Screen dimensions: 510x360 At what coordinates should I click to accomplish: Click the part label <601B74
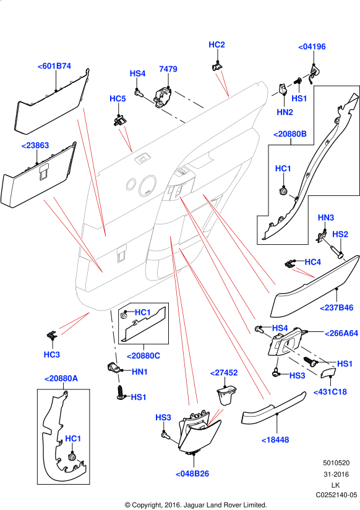(x=54, y=66)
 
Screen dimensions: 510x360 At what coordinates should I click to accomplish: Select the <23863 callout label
(x=35, y=145)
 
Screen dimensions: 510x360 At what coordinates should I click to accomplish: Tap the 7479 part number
(x=168, y=69)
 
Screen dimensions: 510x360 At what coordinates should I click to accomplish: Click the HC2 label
(x=216, y=45)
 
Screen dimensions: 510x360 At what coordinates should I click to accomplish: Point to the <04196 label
(x=312, y=46)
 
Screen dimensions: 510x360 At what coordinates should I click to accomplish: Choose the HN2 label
(x=285, y=112)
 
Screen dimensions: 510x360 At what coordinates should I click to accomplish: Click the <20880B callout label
(x=290, y=134)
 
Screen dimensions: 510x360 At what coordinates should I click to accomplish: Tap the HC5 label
(x=118, y=98)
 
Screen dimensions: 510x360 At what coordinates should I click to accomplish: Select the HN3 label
(x=326, y=218)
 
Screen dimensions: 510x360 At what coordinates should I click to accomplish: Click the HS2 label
(x=340, y=234)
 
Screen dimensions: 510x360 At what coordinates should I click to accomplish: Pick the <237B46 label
(x=336, y=307)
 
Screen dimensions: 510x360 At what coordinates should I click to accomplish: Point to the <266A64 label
(x=341, y=333)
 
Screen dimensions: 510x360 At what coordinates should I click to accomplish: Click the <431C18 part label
(x=330, y=391)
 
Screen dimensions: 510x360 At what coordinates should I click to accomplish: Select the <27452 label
(x=223, y=373)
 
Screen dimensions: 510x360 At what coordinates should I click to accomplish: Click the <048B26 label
(x=192, y=474)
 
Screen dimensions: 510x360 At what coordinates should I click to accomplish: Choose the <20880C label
(x=144, y=356)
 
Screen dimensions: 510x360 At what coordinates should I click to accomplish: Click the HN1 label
(x=140, y=372)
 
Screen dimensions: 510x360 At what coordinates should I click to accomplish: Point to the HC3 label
(x=52, y=354)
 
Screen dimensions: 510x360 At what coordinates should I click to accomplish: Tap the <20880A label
(x=61, y=378)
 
